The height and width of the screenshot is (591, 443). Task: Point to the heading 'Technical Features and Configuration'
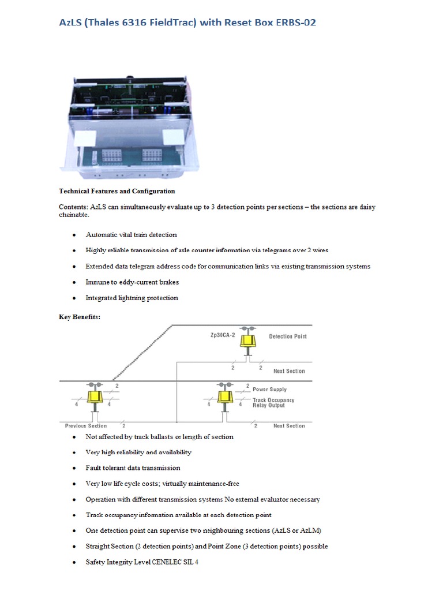117,191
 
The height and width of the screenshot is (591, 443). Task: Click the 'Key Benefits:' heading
80,316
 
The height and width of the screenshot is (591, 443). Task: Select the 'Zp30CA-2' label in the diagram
223,335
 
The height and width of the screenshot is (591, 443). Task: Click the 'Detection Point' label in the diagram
288,336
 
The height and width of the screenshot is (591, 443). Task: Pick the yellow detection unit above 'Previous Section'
94,397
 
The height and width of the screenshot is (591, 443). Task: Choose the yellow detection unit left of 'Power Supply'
224,397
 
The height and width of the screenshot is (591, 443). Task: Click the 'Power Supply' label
269,390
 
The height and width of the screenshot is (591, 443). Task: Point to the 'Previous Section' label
85,426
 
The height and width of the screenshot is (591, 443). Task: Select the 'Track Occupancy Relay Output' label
273,402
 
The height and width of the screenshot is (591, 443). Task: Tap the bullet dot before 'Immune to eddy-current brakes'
74,283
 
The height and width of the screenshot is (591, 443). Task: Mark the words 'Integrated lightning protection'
132,298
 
